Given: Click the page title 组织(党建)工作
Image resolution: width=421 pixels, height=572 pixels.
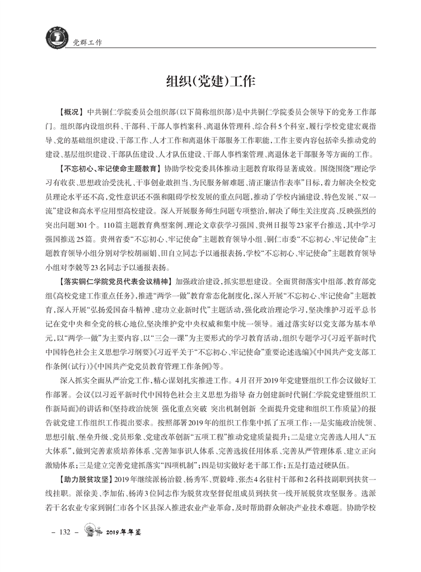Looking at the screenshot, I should coord(211,81).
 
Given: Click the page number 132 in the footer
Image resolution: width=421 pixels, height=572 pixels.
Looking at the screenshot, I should coord(64,547).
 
